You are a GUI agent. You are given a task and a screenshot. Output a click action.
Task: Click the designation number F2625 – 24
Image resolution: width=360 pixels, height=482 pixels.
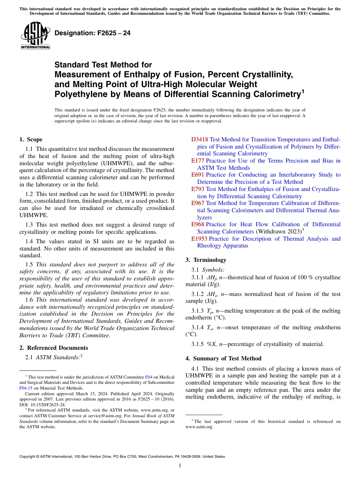(x=92, y=33)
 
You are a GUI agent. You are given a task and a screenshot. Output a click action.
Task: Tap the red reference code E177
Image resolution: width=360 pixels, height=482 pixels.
(x=198, y=161)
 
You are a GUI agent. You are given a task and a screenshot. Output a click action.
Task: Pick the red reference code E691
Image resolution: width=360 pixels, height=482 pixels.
(x=198, y=175)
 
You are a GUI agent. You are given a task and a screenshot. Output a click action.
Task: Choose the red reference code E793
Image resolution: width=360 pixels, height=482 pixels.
(x=198, y=189)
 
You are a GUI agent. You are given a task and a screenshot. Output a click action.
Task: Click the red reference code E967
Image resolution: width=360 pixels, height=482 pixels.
(x=198, y=203)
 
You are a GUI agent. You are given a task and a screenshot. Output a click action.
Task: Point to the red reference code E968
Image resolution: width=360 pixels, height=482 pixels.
(x=198, y=224)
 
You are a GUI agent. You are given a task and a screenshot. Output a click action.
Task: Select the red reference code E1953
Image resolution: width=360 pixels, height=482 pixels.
(x=199, y=239)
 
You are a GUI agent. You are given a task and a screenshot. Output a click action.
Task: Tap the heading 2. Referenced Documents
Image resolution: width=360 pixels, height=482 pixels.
(x=53, y=348)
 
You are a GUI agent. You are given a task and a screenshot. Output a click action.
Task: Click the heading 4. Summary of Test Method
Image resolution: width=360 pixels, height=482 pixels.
(x=223, y=358)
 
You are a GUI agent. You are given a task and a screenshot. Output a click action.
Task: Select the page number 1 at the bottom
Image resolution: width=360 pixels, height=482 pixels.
(x=180, y=466)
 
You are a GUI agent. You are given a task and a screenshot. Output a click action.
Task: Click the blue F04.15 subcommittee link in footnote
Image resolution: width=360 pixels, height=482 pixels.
(x=25, y=388)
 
